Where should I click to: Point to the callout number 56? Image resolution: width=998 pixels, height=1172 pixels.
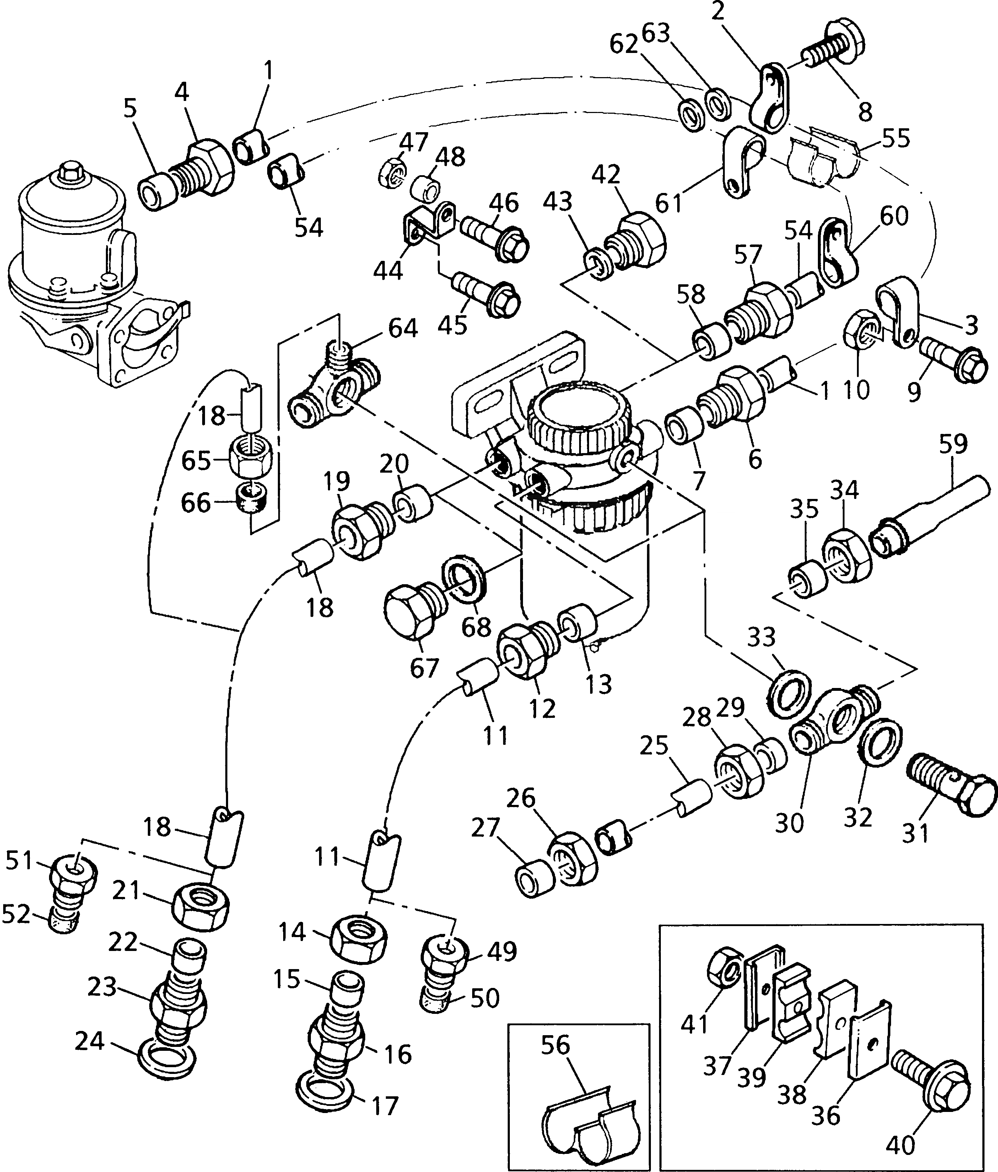click(x=555, y=1045)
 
